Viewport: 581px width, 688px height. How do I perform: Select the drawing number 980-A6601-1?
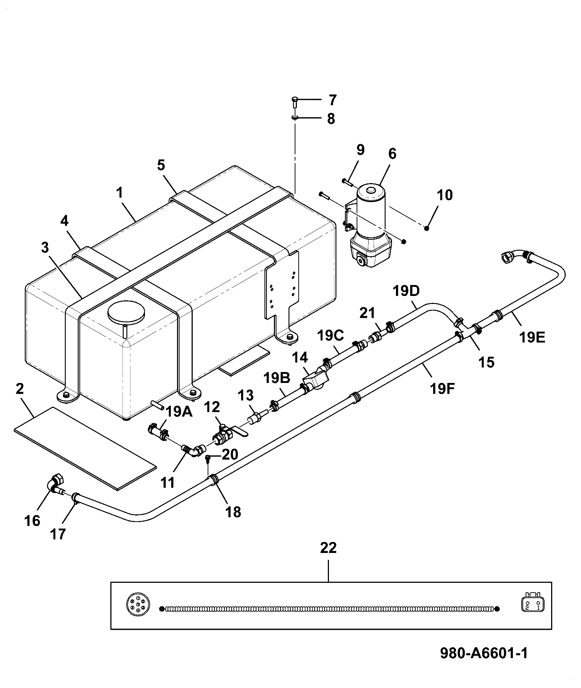click(x=484, y=653)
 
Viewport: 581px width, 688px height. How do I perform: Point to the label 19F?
click(x=443, y=389)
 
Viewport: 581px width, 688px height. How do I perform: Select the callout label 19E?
click(x=532, y=338)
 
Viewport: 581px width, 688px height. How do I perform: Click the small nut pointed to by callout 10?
click(x=427, y=228)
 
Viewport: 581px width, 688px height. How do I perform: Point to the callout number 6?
click(x=392, y=154)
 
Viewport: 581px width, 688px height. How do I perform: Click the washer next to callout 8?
click(x=295, y=117)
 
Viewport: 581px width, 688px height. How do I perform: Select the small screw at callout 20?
click(x=208, y=458)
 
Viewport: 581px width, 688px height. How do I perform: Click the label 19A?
click(x=179, y=412)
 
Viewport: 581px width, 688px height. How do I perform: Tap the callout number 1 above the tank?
click(x=120, y=192)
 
